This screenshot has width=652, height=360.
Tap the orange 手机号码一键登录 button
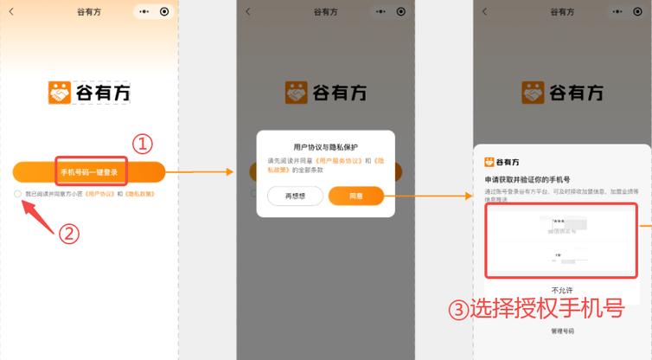click(89, 172)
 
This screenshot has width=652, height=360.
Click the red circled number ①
click(142, 143)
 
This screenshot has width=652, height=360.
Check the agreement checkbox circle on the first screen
click(17, 194)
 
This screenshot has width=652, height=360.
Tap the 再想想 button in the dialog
click(290, 196)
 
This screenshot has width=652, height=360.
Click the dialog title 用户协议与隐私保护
click(325, 146)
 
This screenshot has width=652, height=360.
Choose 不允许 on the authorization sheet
click(562, 290)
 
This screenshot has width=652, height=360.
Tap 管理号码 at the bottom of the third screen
click(562, 331)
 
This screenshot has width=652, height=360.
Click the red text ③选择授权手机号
click(536, 309)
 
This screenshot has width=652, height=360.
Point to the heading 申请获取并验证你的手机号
click(528, 179)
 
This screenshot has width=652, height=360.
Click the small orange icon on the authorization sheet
click(489, 161)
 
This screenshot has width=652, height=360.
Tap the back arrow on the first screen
click(11, 11)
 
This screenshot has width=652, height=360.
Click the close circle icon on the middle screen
click(401, 11)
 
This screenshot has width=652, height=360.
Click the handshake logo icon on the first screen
click(60, 93)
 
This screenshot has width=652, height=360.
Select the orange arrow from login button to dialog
click(199, 172)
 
